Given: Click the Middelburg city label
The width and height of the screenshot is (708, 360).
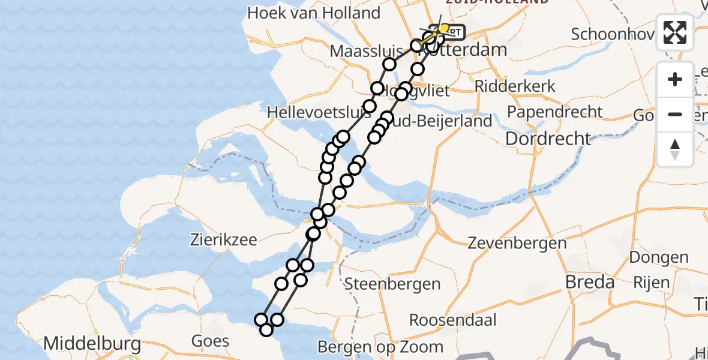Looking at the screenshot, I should [x=92, y=344].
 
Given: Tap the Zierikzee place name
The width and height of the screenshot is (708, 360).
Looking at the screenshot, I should [x=223, y=241].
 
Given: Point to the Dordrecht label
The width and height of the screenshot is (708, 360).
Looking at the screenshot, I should [x=548, y=139].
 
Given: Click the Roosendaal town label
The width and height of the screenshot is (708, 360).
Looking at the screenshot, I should [x=453, y=320].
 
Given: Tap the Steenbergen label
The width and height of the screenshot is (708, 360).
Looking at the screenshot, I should [x=392, y=284].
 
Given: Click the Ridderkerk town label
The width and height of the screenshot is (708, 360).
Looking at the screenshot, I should [x=515, y=86].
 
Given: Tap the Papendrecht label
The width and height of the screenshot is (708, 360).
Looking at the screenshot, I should [x=554, y=112].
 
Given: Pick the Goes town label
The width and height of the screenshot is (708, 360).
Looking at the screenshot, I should [x=210, y=341].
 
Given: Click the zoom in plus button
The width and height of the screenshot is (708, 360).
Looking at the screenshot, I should [x=675, y=79].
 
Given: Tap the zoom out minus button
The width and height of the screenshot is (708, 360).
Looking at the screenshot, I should [x=675, y=114].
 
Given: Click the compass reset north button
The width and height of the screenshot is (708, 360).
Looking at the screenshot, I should [x=675, y=149].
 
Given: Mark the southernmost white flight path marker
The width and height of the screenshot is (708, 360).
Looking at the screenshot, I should [x=266, y=329].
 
